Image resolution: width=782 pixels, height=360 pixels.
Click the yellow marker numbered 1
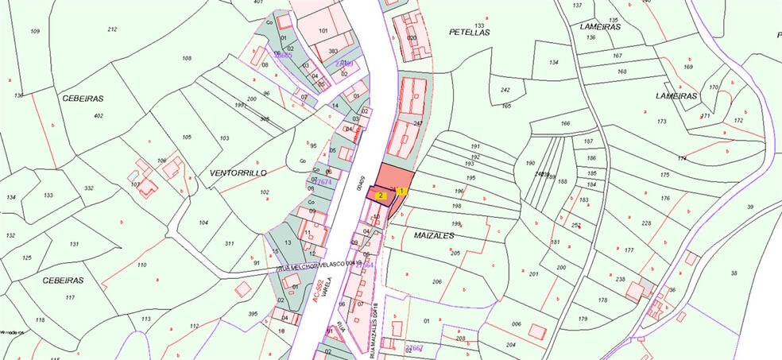[x=402, y=191]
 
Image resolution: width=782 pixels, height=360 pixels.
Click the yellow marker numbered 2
[x=381, y=194]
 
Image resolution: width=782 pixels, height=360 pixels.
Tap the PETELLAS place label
[x=469, y=33]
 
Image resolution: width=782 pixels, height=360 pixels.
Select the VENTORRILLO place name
[x=237, y=172]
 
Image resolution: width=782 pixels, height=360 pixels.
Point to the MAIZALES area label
[x=434, y=236]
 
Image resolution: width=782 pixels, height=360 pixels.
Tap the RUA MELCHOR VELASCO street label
[x=312, y=268]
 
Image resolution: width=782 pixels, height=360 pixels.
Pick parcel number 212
[x=112, y=29]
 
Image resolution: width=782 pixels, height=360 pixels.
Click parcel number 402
[x=99, y=116]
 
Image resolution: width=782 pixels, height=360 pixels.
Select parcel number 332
[x=89, y=188]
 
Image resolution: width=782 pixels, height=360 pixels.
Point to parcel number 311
[x=229, y=243]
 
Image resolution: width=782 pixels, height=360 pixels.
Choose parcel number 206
[x=436, y=282]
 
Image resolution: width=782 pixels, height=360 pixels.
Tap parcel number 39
[x=749, y=207]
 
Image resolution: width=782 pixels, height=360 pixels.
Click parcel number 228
[x=646, y=223]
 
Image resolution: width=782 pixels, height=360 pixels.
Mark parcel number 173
[x=661, y=122]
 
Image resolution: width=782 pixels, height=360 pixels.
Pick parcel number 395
[x=253, y=314]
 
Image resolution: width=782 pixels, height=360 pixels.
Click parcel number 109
[x=35, y=31]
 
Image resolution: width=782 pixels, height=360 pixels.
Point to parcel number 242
[x=505, y=90]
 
